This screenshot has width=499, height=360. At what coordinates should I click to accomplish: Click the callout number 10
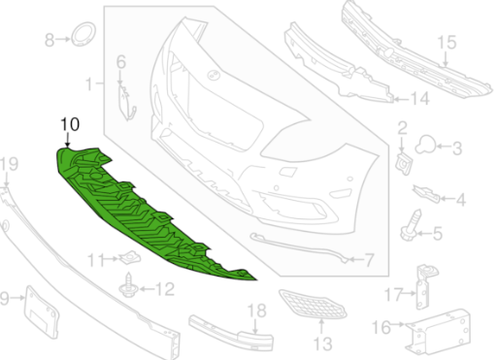point(70,124)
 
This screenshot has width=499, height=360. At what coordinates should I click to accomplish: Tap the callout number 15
point(447,43)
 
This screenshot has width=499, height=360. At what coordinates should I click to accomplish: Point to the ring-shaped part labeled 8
point(83,34)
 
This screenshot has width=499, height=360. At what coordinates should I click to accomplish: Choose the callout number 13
point(321,344)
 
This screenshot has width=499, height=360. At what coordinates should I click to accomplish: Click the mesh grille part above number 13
point(313,305)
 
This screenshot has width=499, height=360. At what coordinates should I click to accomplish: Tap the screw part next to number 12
point(129,285)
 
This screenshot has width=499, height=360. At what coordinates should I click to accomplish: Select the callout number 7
point(369,260)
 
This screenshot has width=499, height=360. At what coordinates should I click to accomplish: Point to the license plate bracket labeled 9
point(42,311)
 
